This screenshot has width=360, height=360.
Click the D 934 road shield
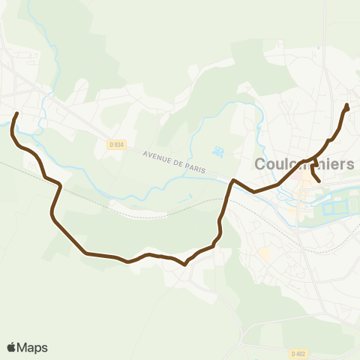tap(115, 144)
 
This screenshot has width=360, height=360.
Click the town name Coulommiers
tap(304, 164)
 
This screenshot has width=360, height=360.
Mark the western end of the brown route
tap(17, 114)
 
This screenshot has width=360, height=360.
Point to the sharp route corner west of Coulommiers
tap(233, 180)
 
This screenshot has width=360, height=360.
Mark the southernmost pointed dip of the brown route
tap(184, 265)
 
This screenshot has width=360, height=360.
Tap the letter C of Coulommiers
tap(261, 164)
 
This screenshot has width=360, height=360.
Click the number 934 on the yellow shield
tap(118, 144)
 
